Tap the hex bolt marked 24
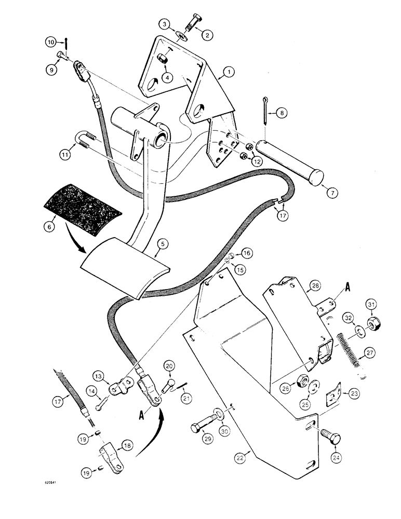333,434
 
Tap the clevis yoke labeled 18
111,455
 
